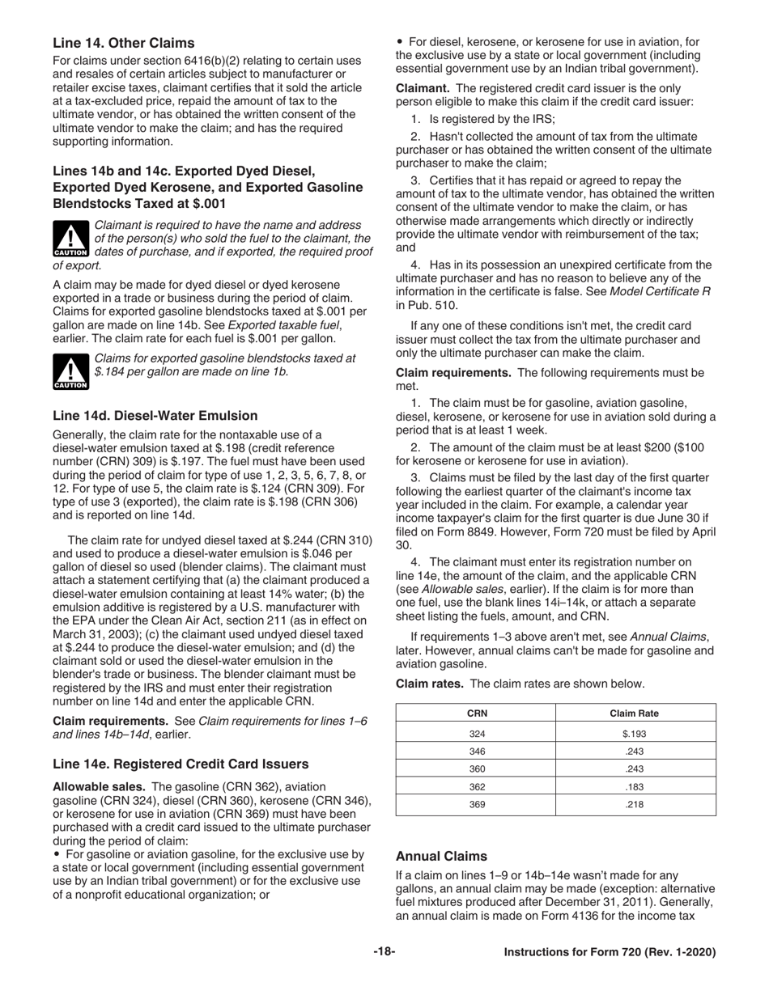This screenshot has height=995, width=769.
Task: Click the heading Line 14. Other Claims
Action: pyautogui.click(x=123, y=42)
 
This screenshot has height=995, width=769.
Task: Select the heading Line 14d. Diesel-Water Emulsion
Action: pyautogui.click(x=155, y=416)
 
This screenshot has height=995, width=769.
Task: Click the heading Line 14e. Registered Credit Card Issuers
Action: pyautogui.click(x=180, y=763)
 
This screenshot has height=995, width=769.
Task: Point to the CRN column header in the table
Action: pyautogui.click(x=477, y=713)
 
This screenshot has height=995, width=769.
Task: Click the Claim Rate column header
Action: pyautogui.click(x=635, y=713)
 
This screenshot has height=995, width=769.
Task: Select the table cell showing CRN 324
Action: pyautogui.click(x=477, y=735)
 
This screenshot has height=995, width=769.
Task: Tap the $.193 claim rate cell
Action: pyautogui.click(x=635, y=735)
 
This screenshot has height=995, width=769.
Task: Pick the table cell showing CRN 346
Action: pyautogui.click(x=477, y=752)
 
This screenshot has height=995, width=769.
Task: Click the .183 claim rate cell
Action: pyautogui.click(x=635, y=786)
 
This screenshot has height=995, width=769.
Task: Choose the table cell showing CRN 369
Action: pyautogui.click(x=477, y=804)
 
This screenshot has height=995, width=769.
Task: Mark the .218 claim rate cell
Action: pyautogui.click(x=635, y=804)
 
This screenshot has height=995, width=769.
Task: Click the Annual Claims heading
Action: pyautogui.click(x=441, y=855)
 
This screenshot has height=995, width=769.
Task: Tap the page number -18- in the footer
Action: pyautogui.click(x=384, y=952)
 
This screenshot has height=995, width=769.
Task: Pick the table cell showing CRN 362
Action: pyautogui.click(x=477, y=786)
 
